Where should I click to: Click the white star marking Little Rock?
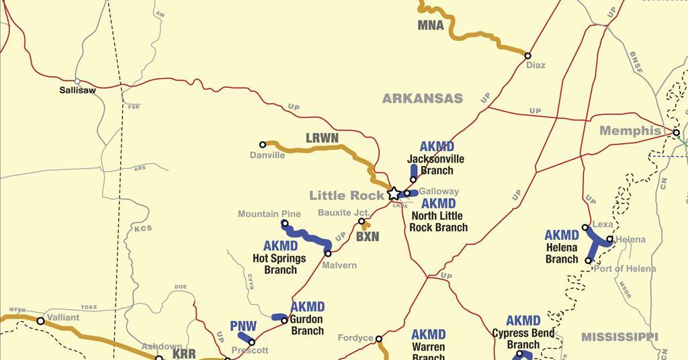[394, 193]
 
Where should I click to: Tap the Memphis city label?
[630, 131]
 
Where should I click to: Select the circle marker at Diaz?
[528, 56]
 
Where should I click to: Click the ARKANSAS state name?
[423, 99]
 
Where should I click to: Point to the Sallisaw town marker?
[77, 81]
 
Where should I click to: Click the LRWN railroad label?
[322, 138]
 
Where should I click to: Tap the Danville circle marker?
[263, 144]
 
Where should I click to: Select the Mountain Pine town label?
[269, 214]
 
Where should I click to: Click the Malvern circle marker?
[328, 253]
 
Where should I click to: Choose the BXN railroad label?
[368, 237]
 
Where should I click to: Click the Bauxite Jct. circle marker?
[361, 221]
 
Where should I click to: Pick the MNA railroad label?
[431, 26]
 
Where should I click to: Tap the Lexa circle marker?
[585, 228]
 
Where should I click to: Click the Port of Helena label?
[624, 269]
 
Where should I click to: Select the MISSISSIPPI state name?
[619, 336]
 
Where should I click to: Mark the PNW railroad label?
[243, 326]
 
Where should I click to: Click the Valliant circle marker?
[40, 321]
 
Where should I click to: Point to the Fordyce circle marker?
[379, 339]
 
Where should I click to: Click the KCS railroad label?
[143, 228]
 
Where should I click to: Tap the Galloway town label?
[439, 191]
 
